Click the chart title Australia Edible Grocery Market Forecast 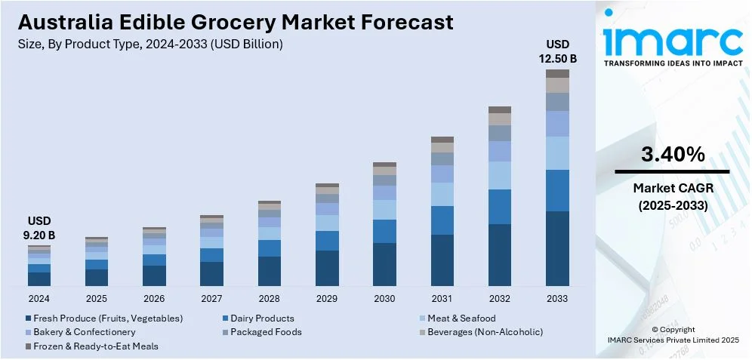235,22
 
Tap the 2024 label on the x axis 39,299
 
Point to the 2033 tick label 557,299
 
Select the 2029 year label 327,299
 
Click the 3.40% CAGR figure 673,155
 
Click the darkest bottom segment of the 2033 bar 557,248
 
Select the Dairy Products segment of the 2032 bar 500,207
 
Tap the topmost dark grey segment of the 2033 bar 557,73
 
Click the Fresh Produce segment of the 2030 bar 384,264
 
